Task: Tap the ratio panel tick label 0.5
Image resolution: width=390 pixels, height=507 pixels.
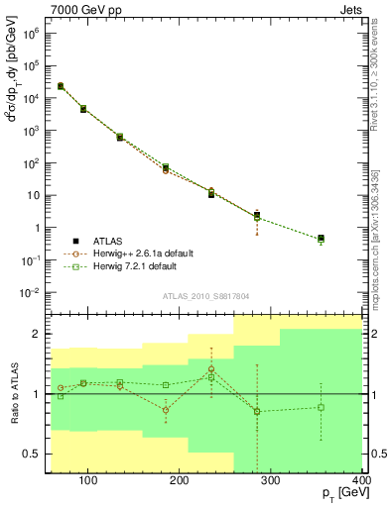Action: (x=32, y=454)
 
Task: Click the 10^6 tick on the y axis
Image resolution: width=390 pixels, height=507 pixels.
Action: (x=31, y=33)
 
